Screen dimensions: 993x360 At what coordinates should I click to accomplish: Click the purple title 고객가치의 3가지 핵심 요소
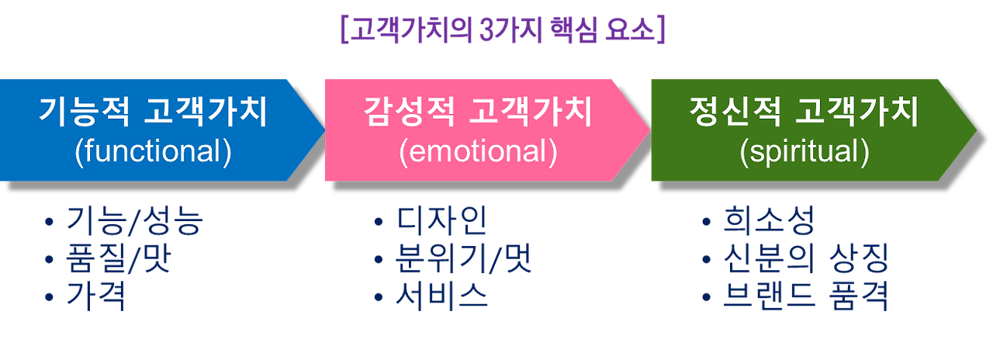[503, 31]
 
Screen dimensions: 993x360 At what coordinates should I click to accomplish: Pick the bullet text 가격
[95, 297]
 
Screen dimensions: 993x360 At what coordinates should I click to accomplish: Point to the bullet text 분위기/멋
[464, 260]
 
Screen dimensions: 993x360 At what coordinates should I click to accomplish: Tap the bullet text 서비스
[441, 297]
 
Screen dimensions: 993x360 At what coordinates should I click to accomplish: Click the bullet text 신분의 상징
[805, 260]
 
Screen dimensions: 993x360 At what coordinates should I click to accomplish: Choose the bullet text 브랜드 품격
[805, 297]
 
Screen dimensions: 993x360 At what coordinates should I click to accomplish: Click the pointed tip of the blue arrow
[324, 130]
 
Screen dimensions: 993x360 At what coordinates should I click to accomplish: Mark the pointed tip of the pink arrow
[649, 130]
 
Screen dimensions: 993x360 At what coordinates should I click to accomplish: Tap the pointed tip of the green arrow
[976, 130]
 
